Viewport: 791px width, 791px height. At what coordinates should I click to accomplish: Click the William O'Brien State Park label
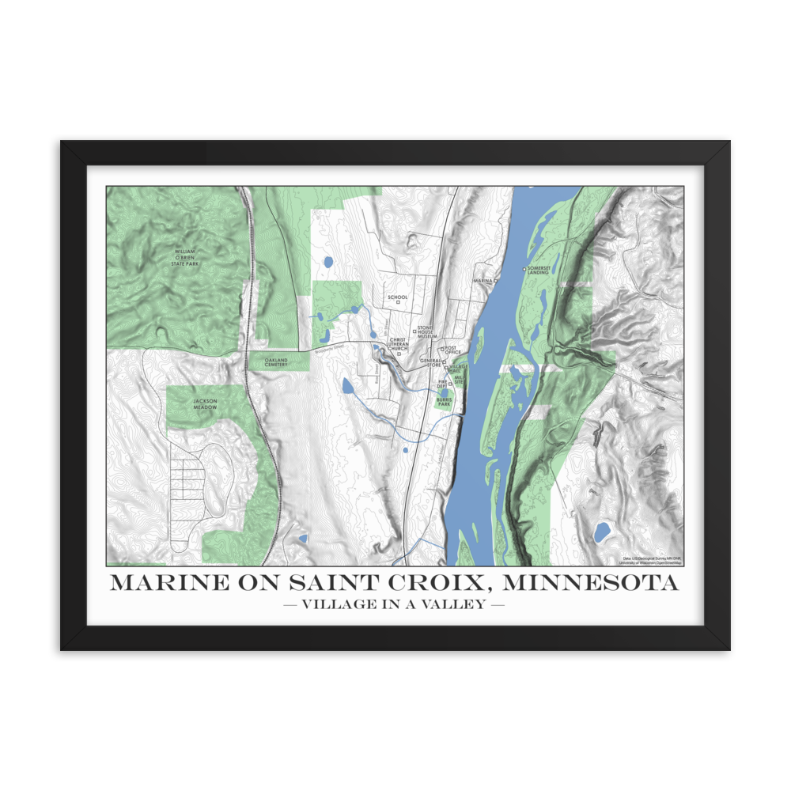[187, 258]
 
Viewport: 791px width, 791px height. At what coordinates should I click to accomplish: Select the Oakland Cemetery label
[276, 362]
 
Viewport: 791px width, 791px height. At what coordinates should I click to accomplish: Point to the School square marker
[398, 302]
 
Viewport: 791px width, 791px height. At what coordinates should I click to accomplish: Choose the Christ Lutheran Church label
[398, 344]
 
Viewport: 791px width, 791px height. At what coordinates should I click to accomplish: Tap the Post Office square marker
[442, 349]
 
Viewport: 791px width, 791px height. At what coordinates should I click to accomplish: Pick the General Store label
[430, 362]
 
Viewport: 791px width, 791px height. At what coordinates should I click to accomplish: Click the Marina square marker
[496, 280]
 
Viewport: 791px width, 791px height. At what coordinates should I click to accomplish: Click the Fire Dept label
[443, 384]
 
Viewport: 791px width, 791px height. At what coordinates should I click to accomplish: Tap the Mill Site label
[458, 380]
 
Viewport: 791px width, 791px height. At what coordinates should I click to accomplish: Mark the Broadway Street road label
[330, 346]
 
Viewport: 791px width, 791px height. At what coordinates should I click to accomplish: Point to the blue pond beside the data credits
[602, 530]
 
